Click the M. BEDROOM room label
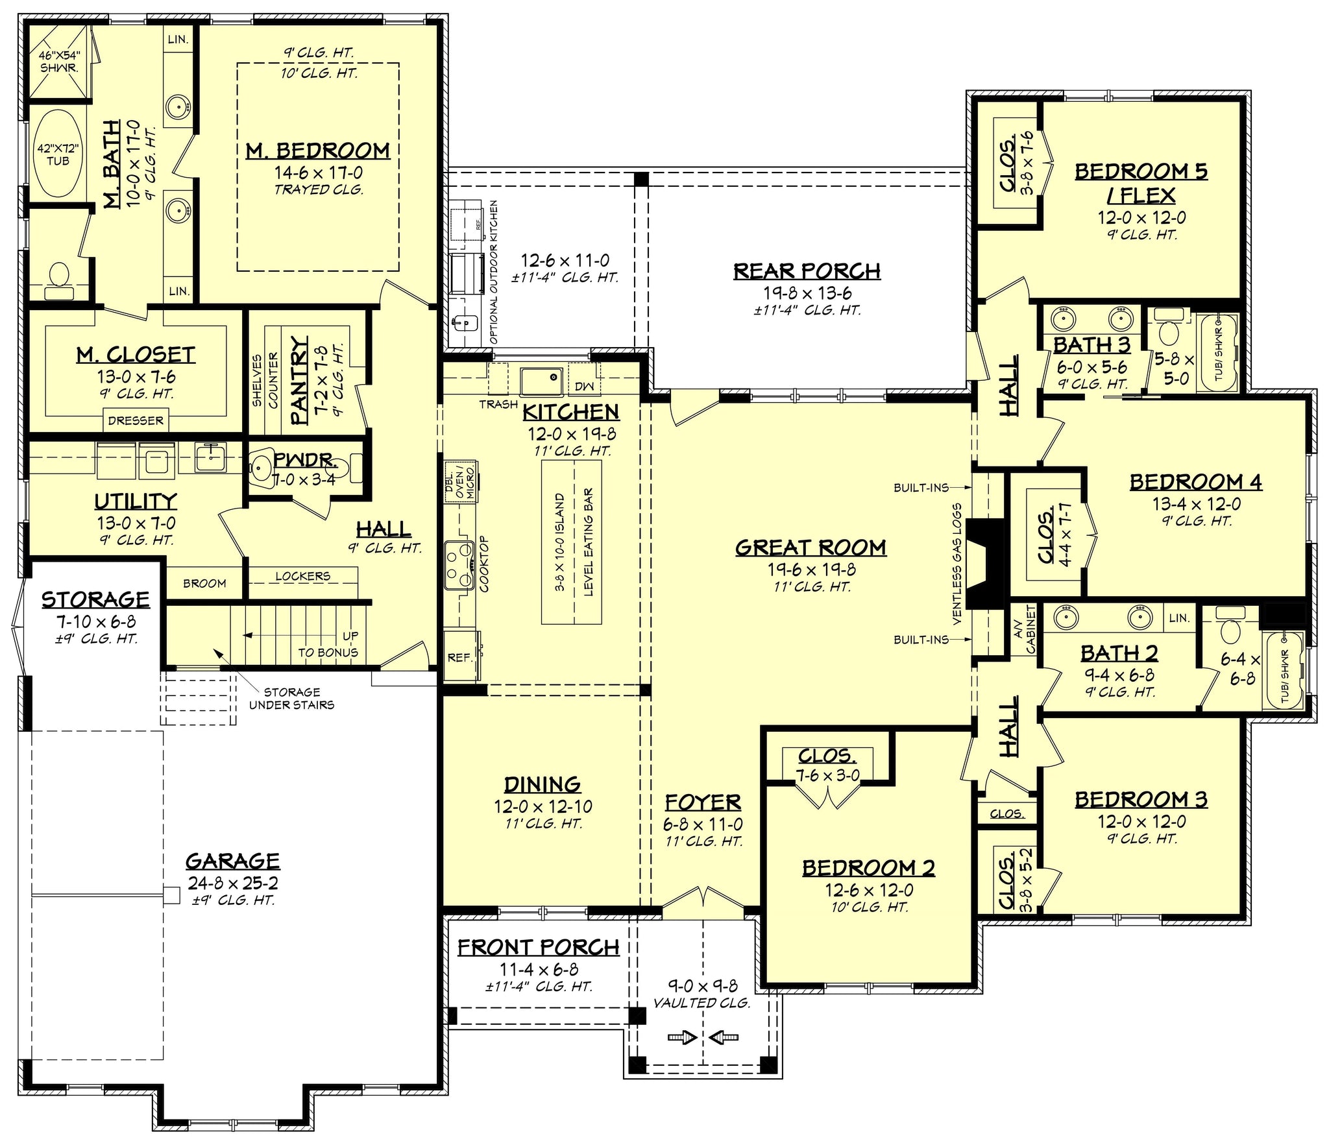[x=317, y=150]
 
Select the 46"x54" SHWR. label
[x=58, y=61]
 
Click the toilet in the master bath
[x=60, y=275]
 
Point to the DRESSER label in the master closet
[x=136, y=420]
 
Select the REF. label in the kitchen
[x=459, y=657]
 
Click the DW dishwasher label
[x=584, y=387]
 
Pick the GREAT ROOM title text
[x=811, y=547]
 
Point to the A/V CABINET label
[x=1024, y=629]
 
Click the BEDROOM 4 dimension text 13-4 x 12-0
[x=1196, y=504]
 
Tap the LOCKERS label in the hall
[x=302, y=575]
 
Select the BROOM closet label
[x=204, y=583]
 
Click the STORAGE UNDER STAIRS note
[x=291, y=698]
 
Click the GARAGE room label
[x=232, y=861]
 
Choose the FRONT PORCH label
[x=539, y=947]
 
